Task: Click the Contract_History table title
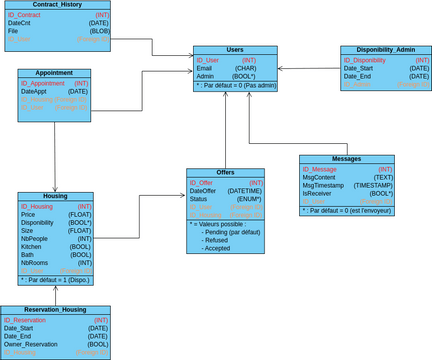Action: tap(57, 5)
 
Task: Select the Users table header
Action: tap(235, 49)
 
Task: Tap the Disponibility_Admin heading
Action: tap(385, 49)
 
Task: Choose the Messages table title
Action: tap(346, 159)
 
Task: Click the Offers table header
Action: tap(225, 172)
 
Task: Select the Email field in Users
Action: tap(204, 68)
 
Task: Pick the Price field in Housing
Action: tap(28, 214)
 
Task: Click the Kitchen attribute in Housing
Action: tap(32, 246)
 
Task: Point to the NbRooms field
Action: tap(35, 262)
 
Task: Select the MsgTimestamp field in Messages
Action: tap(324, 185)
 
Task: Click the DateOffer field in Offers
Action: tap(205, 190)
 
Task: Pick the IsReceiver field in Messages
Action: tap(319, 193)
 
